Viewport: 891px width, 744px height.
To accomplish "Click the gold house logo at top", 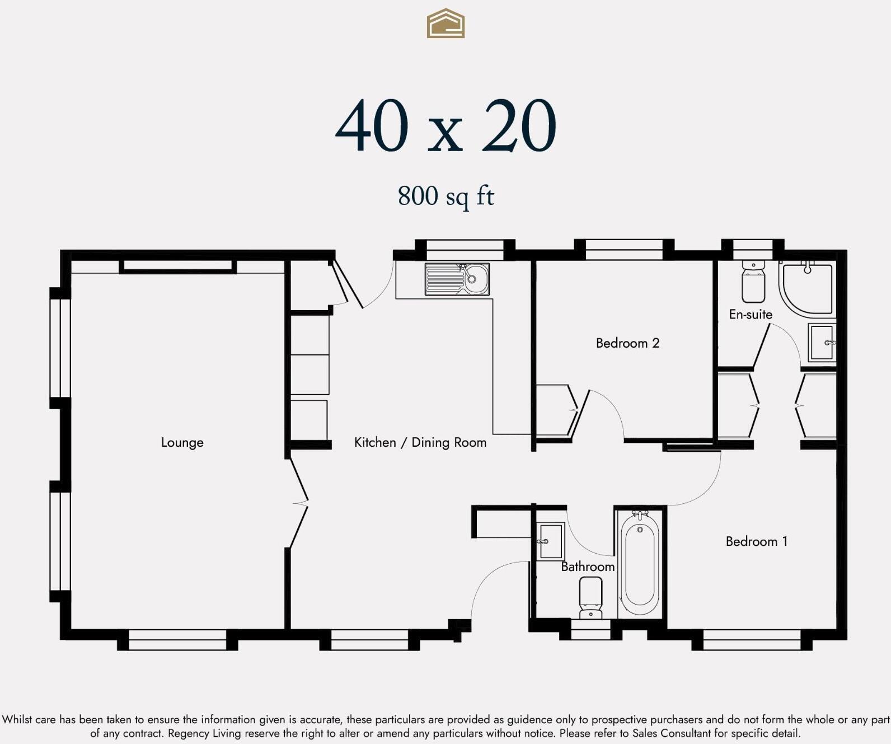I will point(446,24).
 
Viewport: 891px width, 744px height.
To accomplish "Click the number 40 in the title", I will point(372,127).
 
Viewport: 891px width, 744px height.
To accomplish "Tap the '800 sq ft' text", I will point(446,196).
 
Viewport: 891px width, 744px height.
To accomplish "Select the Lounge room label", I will point(182,442).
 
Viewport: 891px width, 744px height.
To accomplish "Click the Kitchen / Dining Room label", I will point(420,442).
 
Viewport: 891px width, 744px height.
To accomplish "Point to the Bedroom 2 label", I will point(627,343).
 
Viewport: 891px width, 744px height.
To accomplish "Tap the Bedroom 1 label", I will point(756,541).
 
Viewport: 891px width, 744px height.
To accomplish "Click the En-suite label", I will point(750,315).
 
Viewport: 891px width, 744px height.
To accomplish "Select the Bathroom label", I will point(587,567).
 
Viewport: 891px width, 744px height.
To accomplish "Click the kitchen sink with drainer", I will point(457,279).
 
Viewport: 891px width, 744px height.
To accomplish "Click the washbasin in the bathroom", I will point(550,541).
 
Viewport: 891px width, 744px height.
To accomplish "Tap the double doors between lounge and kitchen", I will point(299,503).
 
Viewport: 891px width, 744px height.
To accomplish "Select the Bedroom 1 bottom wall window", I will point(752,640).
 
